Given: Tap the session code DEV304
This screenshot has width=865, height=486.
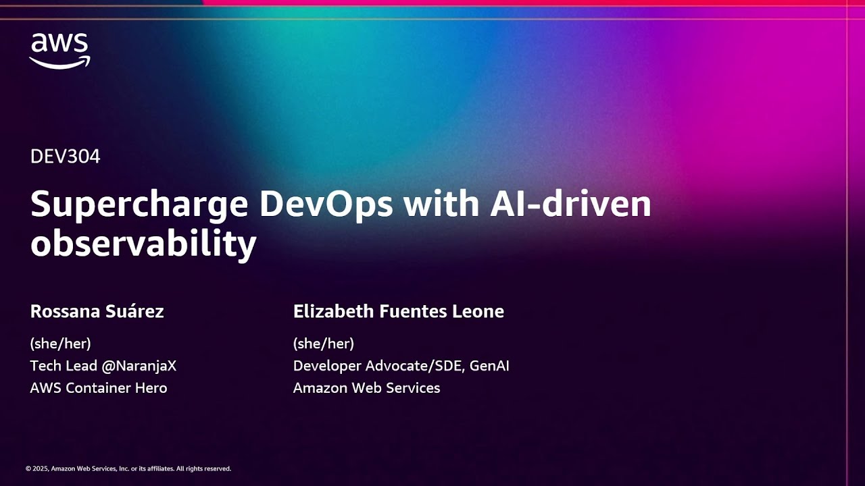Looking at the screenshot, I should pos(65,157).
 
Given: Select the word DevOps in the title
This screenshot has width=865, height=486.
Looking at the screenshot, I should pos(326,205).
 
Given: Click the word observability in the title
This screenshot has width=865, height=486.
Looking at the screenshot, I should pos(143,244).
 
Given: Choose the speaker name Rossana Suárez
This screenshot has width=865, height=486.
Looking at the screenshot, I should pos(97,311).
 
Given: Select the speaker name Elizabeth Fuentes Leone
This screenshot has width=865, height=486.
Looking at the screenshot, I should pos(398,311).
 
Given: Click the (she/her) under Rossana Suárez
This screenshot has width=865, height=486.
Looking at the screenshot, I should pos(60,344).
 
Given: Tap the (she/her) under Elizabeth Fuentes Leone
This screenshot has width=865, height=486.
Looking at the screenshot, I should pos(323,344).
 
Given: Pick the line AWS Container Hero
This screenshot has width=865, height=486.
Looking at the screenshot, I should pos(98,388).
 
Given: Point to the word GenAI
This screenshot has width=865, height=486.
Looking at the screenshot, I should pos(489,366).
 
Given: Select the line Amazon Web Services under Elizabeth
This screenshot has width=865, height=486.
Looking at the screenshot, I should pos(366,388).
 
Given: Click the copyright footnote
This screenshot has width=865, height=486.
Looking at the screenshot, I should pos(128,468).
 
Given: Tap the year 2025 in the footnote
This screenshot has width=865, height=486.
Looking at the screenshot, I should pos(41,468).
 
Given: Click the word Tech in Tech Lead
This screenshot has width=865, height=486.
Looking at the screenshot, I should pos(44,366).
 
